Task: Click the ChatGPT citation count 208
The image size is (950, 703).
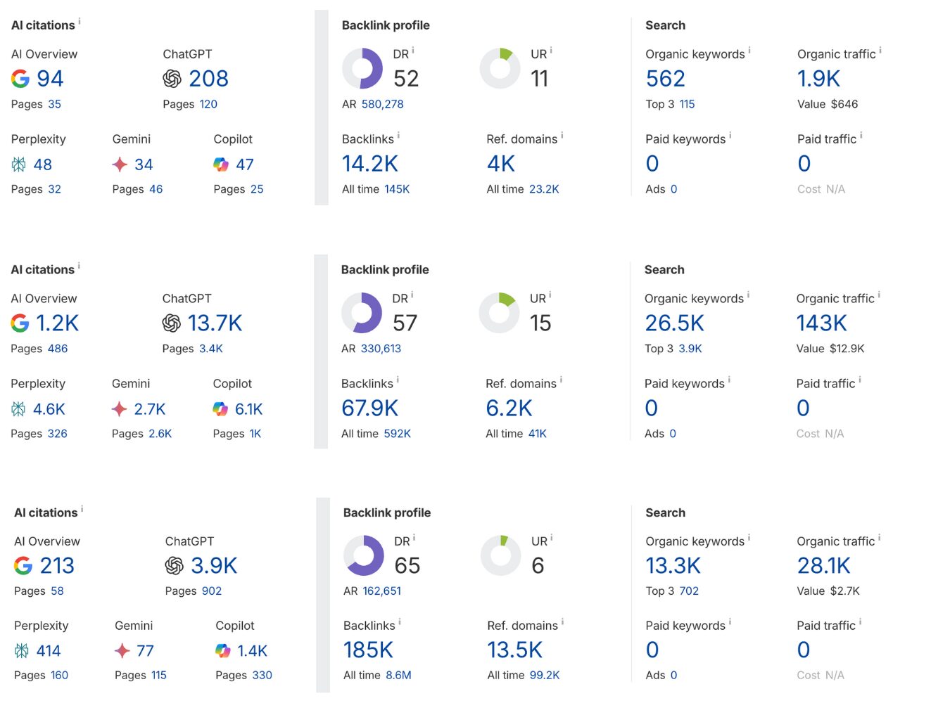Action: coord(208,79)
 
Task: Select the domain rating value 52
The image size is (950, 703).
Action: coord(406,79)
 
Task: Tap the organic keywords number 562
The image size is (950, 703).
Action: coord(665,79)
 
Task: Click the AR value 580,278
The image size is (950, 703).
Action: coord(382,104)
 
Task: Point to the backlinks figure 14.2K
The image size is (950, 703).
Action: coord(369,164)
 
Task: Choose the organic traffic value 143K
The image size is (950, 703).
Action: coord(821,323)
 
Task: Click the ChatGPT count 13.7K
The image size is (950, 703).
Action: coord(215,323)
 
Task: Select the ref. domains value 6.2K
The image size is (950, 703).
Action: coord(509,408)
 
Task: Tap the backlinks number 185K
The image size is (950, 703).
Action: coord(368,650)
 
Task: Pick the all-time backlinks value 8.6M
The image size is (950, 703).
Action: coord(398,675)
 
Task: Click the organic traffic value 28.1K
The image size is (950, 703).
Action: coord(823,566)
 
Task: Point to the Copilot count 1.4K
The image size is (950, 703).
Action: coord(252,651)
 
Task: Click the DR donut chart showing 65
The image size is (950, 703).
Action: coord(363,555)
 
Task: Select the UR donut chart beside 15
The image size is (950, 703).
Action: coord(499,313)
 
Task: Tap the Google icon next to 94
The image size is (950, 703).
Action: coord(20,79)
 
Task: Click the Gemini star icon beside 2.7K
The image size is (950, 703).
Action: coord(120,409)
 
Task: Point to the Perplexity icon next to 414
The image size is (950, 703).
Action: coord(22,651)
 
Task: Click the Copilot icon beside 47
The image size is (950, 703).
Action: coord(221,165)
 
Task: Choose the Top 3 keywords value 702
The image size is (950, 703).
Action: coord(689,591)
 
